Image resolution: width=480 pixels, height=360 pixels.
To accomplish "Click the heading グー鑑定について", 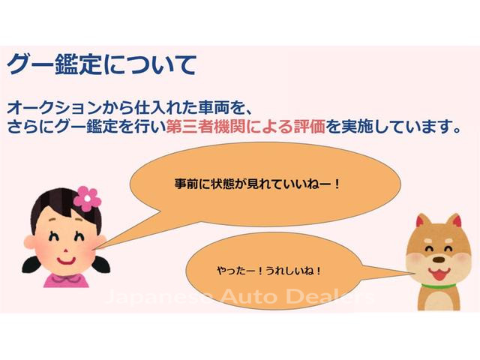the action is pos(101,64).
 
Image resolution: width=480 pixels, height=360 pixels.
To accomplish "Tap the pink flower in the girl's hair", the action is pos(87,199).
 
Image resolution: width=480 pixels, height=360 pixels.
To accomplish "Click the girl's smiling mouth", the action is pos(66,262).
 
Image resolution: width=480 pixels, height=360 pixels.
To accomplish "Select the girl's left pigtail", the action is pos(31,265).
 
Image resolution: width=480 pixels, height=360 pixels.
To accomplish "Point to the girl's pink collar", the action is pos(66,280).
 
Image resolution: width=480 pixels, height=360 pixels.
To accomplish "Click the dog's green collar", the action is pos(438,286).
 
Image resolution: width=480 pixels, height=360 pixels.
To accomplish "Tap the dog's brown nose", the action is pos(439,259).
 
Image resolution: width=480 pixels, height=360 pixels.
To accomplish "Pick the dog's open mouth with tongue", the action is pos(439,273).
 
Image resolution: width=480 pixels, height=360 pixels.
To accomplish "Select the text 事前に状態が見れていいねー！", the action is pos(257,184).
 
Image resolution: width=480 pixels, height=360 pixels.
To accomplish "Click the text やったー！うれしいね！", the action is pos(268,271).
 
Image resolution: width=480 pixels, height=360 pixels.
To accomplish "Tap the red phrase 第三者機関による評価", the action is pos(245,126).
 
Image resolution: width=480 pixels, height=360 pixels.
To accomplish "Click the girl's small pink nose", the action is pos(65,250).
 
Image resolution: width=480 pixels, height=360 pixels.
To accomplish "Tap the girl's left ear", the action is pos(30,241).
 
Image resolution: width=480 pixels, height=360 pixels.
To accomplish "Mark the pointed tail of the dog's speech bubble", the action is pos(411,272).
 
